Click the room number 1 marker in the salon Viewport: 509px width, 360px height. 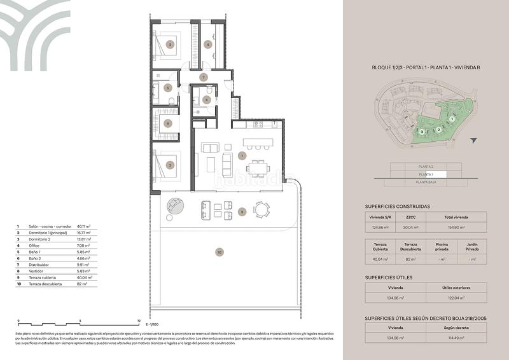tap(242, 155)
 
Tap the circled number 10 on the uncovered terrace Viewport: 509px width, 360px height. tap(220, 253)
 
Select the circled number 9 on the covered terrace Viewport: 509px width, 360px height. tap(242, 211)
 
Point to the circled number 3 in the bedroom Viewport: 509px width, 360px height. tap(170, 44)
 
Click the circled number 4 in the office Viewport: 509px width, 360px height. tap(208, 44)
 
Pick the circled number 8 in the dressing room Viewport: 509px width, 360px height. tap(168, 123)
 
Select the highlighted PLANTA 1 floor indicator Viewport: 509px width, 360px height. tap(426, 174)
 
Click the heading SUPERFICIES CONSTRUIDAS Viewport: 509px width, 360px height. tap(398, 206)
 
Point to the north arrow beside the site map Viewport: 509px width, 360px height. tap(473, 141)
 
